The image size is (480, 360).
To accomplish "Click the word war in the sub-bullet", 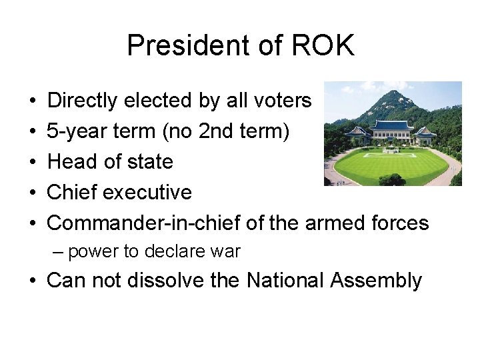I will point(227,252).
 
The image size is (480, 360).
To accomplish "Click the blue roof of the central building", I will point(391,125).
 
